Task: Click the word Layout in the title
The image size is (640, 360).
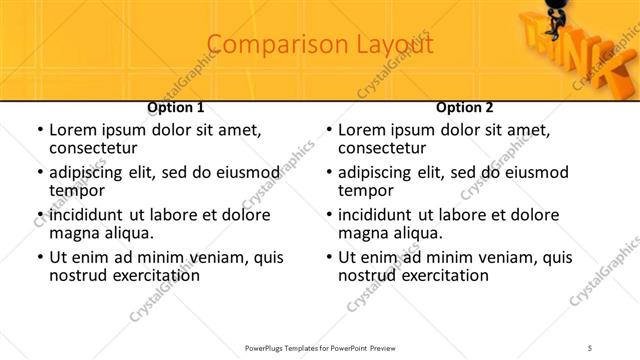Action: (395, 45)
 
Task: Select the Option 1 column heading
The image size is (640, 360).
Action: (176, 107)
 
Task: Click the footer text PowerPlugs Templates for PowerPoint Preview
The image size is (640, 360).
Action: (320, 347)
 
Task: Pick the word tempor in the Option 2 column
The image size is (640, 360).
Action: (365, 190)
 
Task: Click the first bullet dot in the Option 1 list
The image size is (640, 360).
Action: (39, 130)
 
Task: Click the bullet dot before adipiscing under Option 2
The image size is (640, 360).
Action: (328, 173)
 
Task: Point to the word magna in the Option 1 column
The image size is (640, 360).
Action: (73, 233)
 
